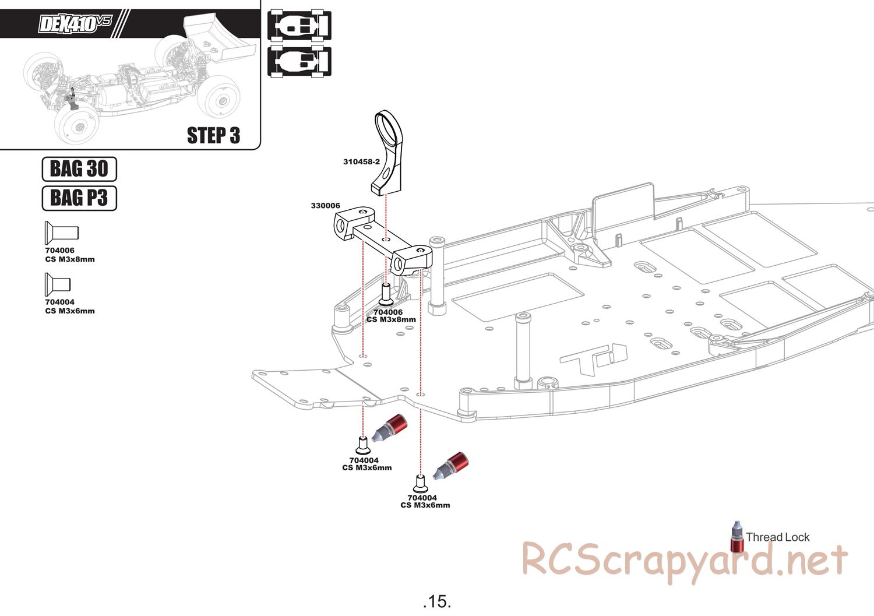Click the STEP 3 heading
pos(213,135)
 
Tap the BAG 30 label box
pos(79,169)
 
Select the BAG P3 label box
pos(79,198)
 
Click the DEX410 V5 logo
pos(74,24)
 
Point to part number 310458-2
pos(361,161)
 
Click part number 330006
pos(325,206)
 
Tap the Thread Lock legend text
pos(777,537)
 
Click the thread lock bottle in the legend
pos(737,537)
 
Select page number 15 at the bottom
pos(437,601)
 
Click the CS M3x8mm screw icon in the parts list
pos(61,233)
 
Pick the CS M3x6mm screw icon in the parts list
pos(58,284)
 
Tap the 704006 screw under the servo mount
pos(386,294)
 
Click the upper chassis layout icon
pos(299,25)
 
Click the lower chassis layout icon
pos(299,61)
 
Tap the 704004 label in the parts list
pos(59,302)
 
